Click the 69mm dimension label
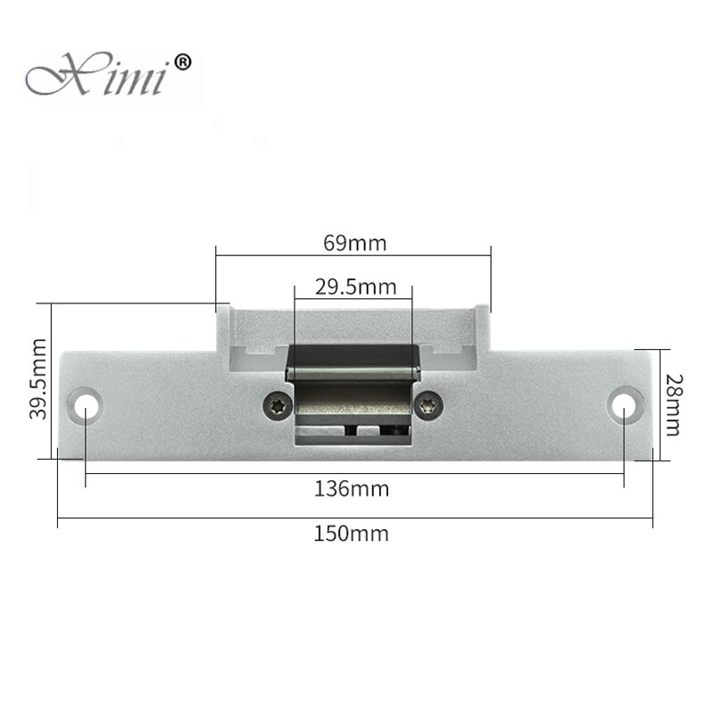coord(353,242)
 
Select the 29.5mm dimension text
coord(354,286)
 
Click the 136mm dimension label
coord(353,489)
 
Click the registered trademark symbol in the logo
coord(181,62)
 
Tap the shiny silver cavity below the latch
coord(353,406)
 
